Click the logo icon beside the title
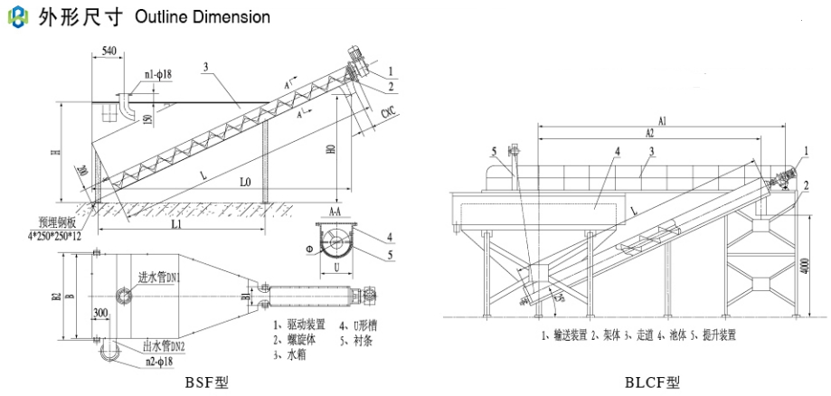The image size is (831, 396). point(15,16)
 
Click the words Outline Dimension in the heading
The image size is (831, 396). point(202,17)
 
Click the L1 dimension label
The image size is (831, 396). point(175,222)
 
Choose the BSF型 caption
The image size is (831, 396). point(210,382)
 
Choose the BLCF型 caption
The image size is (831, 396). point(652,382)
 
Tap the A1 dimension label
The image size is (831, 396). point(662,120)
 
